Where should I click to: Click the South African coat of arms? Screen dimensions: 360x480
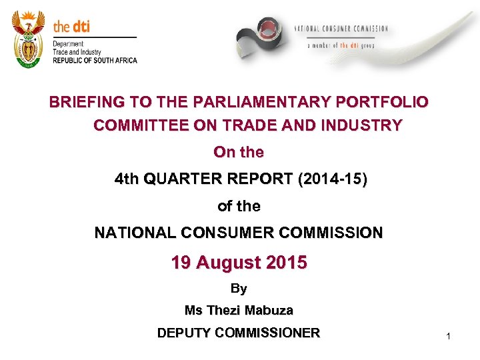coord(28,38)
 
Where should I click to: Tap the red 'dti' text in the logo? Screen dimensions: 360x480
coord(81,27)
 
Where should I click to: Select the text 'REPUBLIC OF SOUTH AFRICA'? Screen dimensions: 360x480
coord(95,61)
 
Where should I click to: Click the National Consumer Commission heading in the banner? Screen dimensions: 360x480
coord(341,29)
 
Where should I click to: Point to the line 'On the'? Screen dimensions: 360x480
coord(239,153)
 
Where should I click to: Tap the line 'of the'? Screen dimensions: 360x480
coord(239,207)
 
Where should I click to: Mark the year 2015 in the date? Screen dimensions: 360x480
coord(287,263)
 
